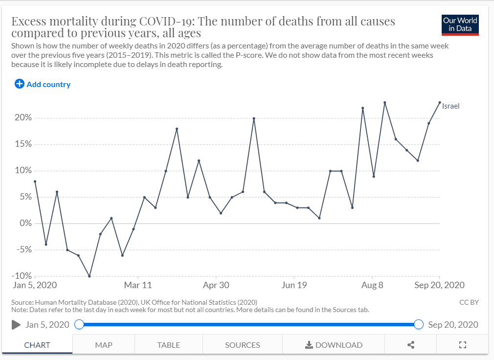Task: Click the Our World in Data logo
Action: pos(460,25)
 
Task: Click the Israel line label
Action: pos(450,106)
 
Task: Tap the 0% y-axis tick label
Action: pos(26,224)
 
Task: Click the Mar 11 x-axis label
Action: pos(138,285)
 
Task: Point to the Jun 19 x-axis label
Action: pos(294,285)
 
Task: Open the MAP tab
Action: pos(104,345)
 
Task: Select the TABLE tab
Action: pos(169,345)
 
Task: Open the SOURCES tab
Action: pos(243,345)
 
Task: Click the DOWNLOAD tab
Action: pos(334,345)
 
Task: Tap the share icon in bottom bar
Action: pos(411,345)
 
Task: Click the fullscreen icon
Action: pos(463,345)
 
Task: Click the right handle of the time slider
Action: pos(419,324)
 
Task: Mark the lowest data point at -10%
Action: pos(90,276)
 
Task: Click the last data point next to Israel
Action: pos(440,102)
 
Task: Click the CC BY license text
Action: pos(469,302)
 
